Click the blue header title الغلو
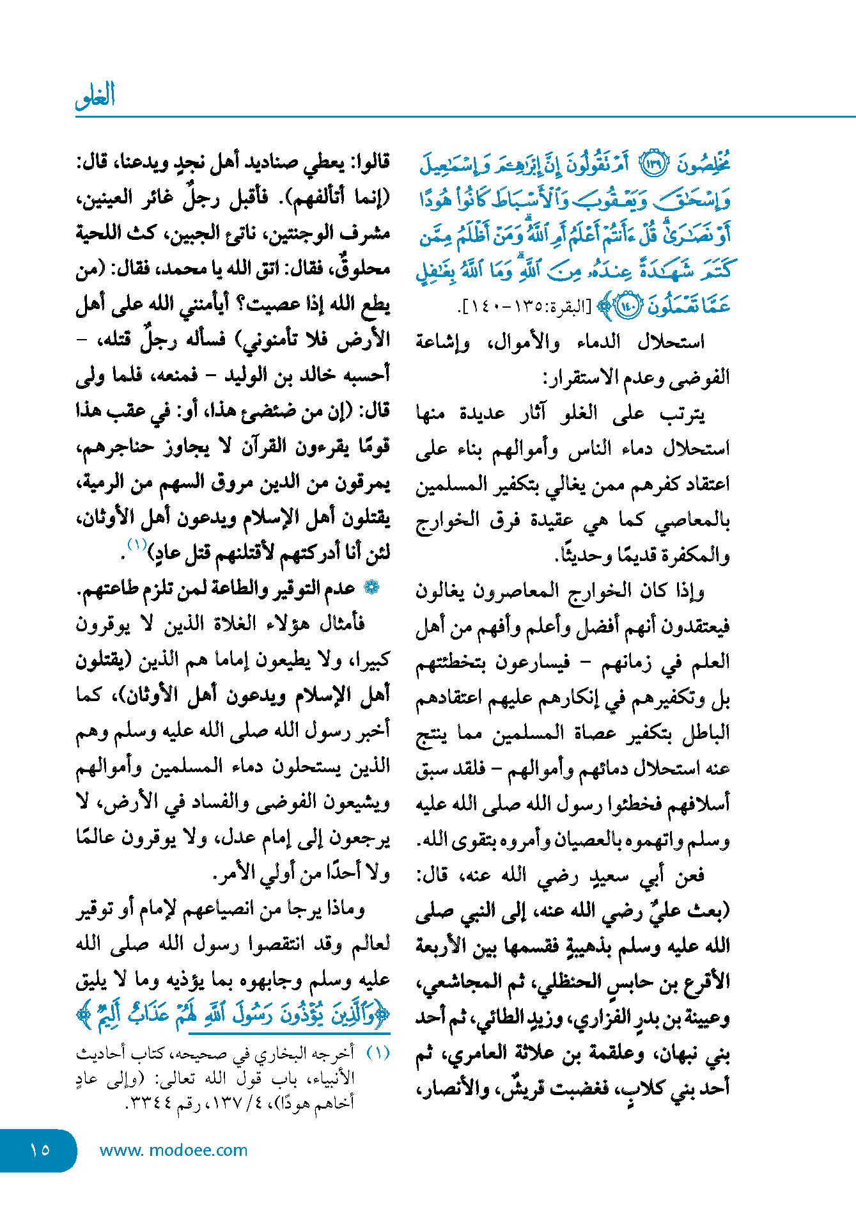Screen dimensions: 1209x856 click(x=95, y=96)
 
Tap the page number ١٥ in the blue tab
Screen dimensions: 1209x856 click(x=40, y=1150)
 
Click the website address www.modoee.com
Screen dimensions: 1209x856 click(x=173, y=1150)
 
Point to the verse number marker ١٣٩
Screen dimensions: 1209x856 click(x=653, y=164)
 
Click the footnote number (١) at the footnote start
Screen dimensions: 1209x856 click(x=378, y=1054)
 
